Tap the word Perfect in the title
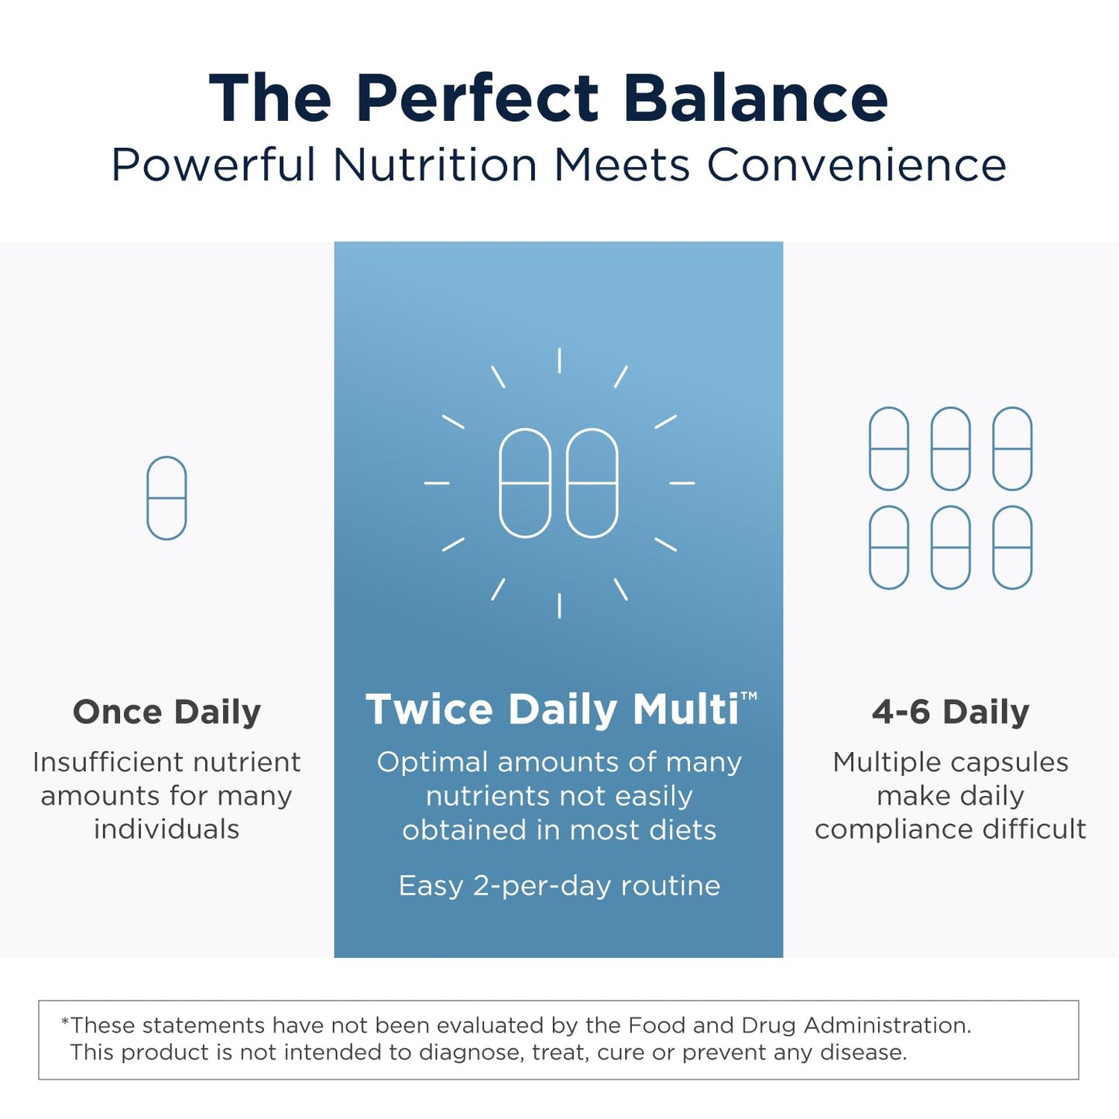(478, 98)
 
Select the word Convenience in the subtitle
(856, 165)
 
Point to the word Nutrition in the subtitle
(434, 165)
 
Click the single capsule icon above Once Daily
(166, 498)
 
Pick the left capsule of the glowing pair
(525, 482)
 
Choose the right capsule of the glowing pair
(592, 482)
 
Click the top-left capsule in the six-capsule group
(888, 448)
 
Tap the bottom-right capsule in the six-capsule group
(1012, 547)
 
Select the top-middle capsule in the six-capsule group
(950, 448)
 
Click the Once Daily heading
(166, 712)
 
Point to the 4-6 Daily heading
(950, 712)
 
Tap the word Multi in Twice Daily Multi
(685, 709)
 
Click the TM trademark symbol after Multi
(749, 696)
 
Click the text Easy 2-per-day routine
(559, 885)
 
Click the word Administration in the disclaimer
(887, 1025)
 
